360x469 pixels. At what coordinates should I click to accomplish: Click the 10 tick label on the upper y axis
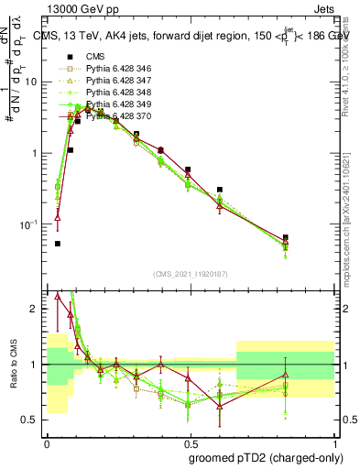(x=31, y=82)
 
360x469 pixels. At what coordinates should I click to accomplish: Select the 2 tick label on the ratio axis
(x=36, y=309)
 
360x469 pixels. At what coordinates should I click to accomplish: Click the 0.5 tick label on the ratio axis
(x=31, y=420)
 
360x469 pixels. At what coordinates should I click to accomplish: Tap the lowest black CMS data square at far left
(x=58, y=244)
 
